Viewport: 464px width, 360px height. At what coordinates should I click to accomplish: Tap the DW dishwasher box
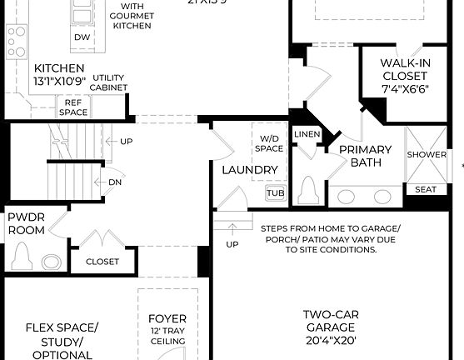(x=82, y=37)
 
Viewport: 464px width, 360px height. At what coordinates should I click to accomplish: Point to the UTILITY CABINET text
(x=109, y=82)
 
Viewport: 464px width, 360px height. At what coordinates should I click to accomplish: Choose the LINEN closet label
(x=307, y=134)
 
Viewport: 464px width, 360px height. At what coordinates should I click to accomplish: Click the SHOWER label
(x=427, y=154)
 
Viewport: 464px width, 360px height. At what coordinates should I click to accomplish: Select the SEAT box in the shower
(x=426, y=189)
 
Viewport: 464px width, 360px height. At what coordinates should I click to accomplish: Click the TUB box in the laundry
(x=275, y=193)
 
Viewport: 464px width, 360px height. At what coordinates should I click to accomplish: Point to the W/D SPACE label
(x=271, y=143)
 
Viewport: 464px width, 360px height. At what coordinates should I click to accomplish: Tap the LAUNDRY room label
(x=249, y=170)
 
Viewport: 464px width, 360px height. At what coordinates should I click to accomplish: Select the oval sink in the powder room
(x=52, y=261)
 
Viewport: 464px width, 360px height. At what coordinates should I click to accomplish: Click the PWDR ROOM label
(x=26, y=223)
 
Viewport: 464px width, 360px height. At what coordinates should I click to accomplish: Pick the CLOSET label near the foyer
(x=102, y=261)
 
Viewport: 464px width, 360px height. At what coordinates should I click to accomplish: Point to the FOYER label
(x=167, y=319)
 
